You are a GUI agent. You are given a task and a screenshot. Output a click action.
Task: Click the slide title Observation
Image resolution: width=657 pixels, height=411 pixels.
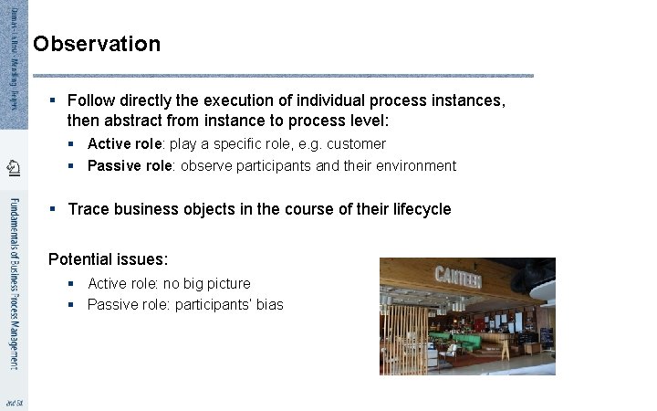tap(97, 44)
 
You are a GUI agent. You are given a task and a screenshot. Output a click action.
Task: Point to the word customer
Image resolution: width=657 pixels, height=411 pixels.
tap(356, 143)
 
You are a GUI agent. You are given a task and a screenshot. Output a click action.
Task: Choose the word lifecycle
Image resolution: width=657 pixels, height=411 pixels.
tap(420, 209)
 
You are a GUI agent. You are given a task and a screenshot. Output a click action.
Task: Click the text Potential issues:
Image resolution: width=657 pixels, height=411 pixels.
tap(108, 259)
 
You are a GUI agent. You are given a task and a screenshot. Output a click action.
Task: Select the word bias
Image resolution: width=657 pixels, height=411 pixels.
tap(270, 304)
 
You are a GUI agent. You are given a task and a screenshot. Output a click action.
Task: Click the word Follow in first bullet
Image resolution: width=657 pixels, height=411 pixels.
tap(89, 100)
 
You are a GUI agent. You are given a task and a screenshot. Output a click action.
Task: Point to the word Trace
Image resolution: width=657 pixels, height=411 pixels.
tap(89, 209)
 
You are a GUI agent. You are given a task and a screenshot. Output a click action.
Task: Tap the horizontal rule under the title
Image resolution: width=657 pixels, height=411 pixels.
tap(283, 75)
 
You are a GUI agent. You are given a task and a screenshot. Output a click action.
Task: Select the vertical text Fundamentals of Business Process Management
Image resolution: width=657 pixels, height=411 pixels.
tap(14, 283)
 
